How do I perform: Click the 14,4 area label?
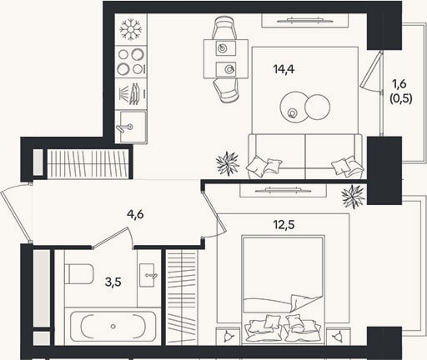(284, 69)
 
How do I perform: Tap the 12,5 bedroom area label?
(284, 225)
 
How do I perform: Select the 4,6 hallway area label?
(135, 214)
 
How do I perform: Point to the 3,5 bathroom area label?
(113, 282)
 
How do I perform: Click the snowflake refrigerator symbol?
(131, 29)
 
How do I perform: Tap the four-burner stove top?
(131, 62)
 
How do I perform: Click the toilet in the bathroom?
(78, 274)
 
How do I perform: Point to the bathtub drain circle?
(113, 327)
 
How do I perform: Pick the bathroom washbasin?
(148, 275)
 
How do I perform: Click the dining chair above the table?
(225, 27)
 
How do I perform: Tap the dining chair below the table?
(227, 90)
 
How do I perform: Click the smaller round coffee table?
(317, 107)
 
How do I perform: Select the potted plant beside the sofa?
(228, 163)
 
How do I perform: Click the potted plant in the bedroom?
(354, 197)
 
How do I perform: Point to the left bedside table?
(228, 336)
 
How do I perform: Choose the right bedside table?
(338, 336)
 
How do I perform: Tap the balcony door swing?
(372, 71)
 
